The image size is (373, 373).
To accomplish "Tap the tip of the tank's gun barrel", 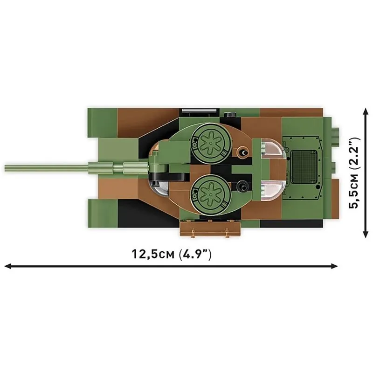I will click(7, 166).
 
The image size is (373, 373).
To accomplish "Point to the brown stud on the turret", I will click(242, 152).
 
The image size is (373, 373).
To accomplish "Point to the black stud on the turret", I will click(242, 186).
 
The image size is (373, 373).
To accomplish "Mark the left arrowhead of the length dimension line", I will click(7, 266).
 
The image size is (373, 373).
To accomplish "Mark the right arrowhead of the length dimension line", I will click(335, 266).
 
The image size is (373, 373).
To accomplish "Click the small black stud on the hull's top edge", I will click(228, 115).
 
